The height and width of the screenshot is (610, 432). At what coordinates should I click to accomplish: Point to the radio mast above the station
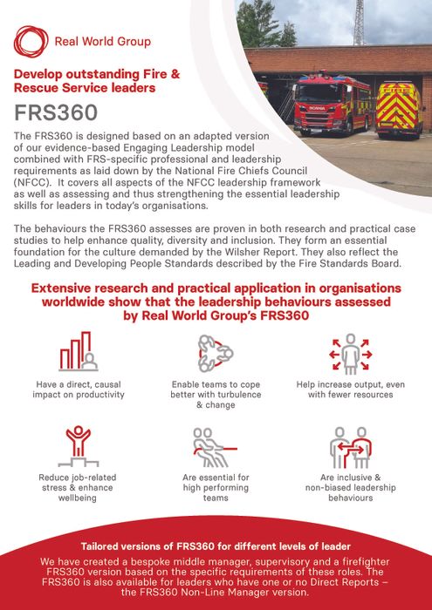click(359, 23)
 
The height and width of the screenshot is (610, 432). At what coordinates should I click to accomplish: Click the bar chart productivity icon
click(78, 352)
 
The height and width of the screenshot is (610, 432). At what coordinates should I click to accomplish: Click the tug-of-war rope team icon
click(215, 446)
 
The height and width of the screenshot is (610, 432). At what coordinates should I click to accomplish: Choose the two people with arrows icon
click(351, 446)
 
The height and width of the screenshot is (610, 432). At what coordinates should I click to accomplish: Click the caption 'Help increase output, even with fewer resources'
click(351, 389)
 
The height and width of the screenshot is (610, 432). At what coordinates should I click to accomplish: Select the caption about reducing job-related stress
click(78, 488)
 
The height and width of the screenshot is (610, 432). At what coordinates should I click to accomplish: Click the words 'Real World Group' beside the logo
click(102, 41)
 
